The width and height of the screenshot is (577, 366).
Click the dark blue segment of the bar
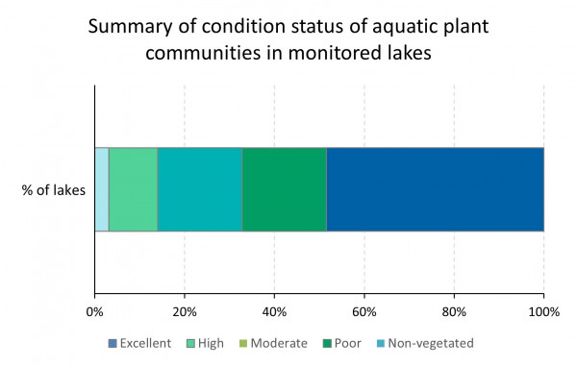pyautogui.click(x=435, y=189)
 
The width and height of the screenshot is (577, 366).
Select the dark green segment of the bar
pyautogui.click(x=284, y=189)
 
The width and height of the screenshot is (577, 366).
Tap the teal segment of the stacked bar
pyautogui.click(x=200, y=189)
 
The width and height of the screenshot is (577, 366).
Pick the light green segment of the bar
pyautogui.click(x=133, y=189)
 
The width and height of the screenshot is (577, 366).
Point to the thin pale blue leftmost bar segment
pyautogui.click(x=101, y=189)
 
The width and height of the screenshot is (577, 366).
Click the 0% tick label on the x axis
pyautogui.click(x=94, y=311)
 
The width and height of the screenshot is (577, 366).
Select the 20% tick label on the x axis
pyautogui.click(x=185, y=311)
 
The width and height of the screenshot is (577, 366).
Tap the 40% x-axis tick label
pyautogui.click(x=274, y=311)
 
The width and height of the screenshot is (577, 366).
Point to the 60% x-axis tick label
pyautogui.click(x=364, y=311)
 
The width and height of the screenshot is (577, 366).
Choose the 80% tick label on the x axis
pyautogui.click(x=454, y=311)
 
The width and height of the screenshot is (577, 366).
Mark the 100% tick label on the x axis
pyautogui.click(x=543, y=311)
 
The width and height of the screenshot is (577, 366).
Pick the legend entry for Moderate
pyautogui.click(x=273, y=343)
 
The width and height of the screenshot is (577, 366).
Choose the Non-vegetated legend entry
pyautogui.click(x=430, y=343)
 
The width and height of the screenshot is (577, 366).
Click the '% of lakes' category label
pyautogui.click(x=54, y=190)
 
